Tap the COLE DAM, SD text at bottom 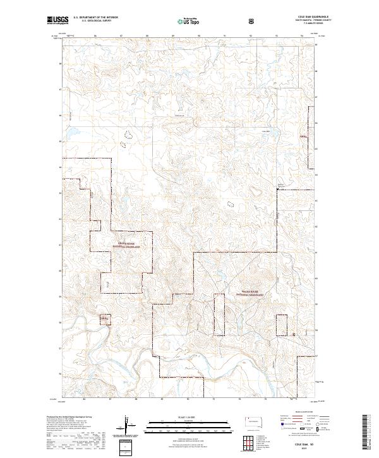(304, 445)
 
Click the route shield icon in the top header (253, 20)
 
